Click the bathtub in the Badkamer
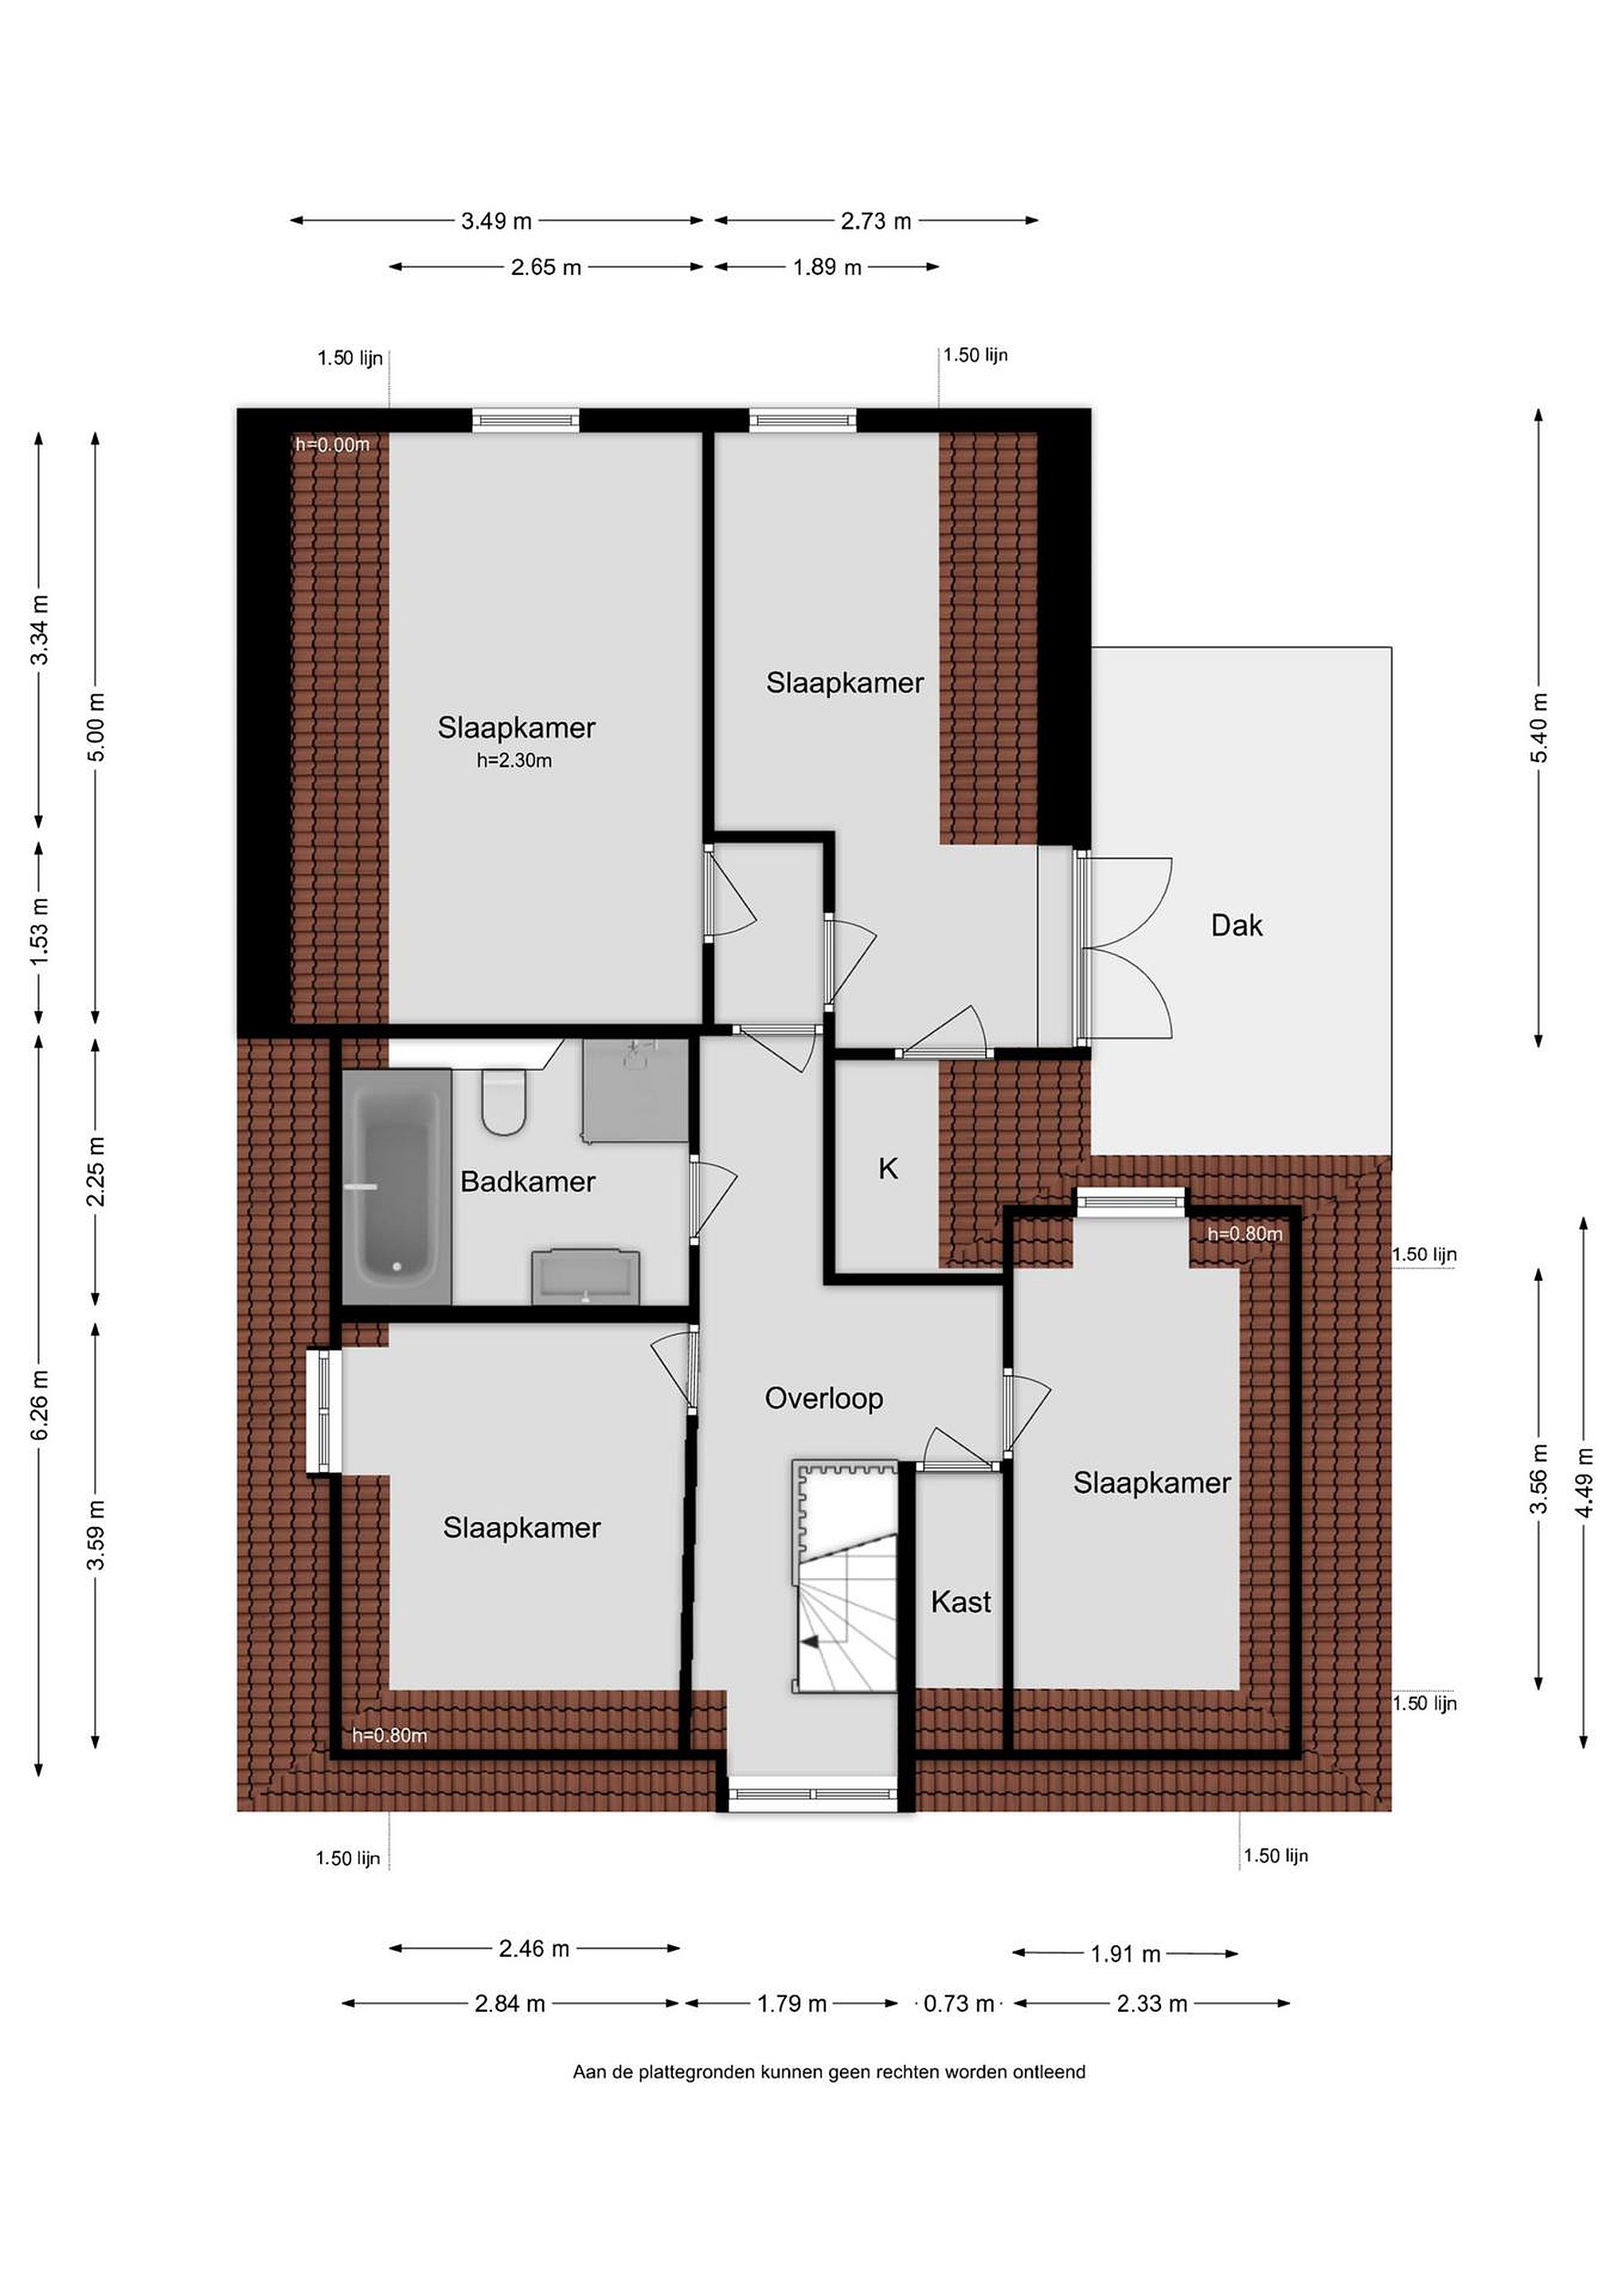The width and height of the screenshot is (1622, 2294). (397, 1186)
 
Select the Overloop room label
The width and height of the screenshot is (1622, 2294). (824, 1398)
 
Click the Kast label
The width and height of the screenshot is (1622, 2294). (961, 1602)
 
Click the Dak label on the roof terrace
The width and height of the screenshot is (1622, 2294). (1237, 926)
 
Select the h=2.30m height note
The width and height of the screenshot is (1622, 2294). (514, 761)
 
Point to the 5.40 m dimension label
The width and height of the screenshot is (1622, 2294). (1539, 727)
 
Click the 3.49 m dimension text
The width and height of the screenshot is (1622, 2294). (496, 221)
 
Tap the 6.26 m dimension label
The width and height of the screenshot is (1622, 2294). (39, 1406)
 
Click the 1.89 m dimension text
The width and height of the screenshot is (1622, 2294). (827, 268)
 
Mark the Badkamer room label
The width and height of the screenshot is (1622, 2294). (527, 1182)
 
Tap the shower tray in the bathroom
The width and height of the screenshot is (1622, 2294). (635, 1090)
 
